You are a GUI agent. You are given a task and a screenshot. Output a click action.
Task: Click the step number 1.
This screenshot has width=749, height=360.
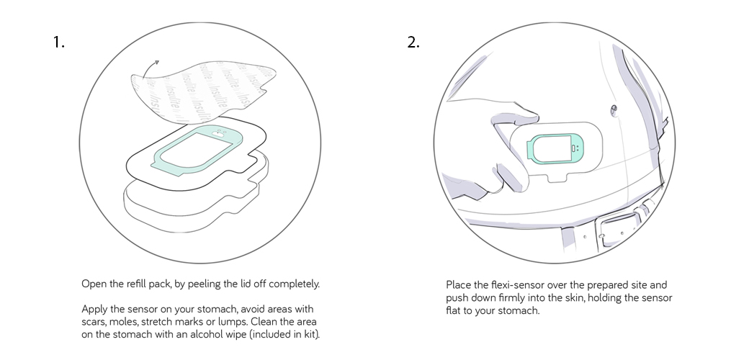point(58,42)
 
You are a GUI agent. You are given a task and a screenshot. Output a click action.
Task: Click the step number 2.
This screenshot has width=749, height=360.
point(413,42)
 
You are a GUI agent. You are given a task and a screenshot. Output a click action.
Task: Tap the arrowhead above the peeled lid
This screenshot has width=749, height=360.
point(156,63)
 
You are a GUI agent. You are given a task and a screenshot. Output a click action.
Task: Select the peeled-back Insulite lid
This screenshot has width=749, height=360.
point(203,91)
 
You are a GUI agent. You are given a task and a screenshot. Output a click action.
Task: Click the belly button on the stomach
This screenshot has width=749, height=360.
point(614,112)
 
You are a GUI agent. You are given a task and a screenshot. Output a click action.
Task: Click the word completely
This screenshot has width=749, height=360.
point(294,284)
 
